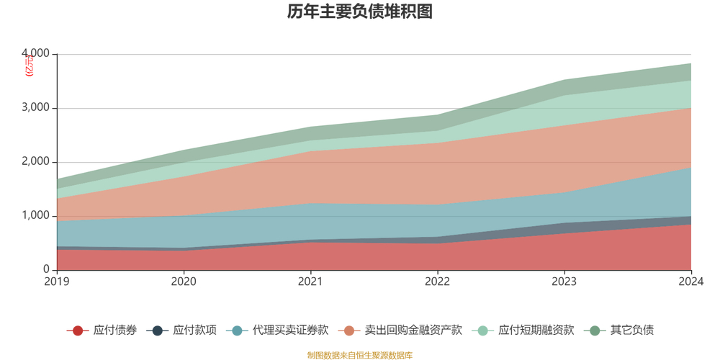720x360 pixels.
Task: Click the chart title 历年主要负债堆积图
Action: click(359, 12)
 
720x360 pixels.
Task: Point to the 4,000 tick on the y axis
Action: click(36, 54)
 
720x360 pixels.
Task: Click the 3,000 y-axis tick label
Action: click(36, 108)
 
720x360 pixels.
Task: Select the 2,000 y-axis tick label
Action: click(36, 162)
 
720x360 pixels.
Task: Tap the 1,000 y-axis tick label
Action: click(36, 216)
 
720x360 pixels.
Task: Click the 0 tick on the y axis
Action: click(45, 270)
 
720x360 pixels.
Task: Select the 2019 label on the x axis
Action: click(57, 282)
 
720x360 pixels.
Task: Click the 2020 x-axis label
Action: click(184, 282)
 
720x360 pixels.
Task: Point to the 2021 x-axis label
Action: click(310, 282)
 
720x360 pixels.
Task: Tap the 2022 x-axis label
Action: click(437, 282)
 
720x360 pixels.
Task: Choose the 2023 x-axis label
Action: click(564, 282)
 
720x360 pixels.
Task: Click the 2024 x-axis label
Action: click(690, 282)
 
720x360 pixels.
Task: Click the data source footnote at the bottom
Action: click(359, 355)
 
